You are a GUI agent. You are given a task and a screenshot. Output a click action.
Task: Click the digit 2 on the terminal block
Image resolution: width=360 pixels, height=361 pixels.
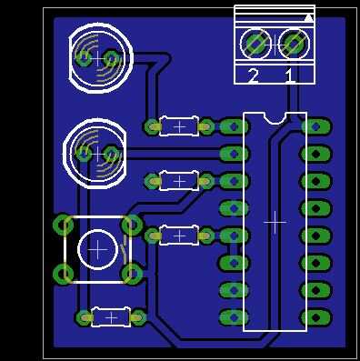click(x=254, y=75)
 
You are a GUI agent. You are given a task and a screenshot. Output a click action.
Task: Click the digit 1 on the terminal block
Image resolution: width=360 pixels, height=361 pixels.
click(x=290, y=75)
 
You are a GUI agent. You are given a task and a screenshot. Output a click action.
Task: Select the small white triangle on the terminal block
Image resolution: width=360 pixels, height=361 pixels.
click(x=308, y=18)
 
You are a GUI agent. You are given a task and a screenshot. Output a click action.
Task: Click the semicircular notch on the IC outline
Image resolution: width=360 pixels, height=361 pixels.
click(x=275, y=118)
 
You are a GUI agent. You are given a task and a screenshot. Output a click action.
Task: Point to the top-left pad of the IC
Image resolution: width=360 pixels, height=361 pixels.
click(x=234, y=126)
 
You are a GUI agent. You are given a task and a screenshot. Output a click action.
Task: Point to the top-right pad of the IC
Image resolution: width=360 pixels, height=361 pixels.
click(x=316, y=126)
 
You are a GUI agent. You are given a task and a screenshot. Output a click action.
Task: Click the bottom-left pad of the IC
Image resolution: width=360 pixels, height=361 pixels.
click(x=234, y=317)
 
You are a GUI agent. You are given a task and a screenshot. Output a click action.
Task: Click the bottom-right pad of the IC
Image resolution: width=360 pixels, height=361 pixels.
click(x=316, y=317)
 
